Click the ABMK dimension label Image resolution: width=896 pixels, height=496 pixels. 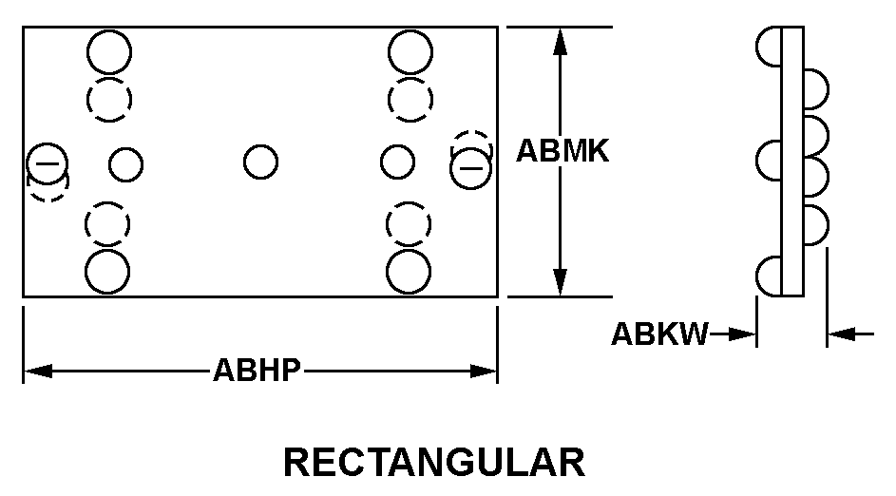pyautogui.click(x=562, y=151)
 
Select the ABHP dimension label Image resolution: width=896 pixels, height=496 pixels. pyautogui.click(x=257, y=371)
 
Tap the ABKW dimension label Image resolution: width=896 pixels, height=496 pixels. pyautogui.click(x=659, y=334)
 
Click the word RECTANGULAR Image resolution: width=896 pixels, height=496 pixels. pyautogui.click(x=434, y=463)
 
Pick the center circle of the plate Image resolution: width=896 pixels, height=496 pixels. pyautogui.click(x=260, y=162)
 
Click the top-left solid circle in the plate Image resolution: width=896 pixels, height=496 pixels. pyautogui.click(x=109, y=52)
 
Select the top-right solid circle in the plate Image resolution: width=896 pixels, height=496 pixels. pyautogui.click(x=410, y=52)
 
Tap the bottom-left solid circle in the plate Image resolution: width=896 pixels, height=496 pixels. pyautogui.click(x=107, y=272)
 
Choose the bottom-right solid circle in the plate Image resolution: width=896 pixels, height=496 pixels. pyautogui.click(x=409, y=272)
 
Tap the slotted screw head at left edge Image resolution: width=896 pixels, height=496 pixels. pyautogui.click(x=48, y=163)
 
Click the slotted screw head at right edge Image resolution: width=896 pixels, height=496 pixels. pyautogui.click(x=471, y=168)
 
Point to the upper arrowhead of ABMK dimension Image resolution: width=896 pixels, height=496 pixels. pyautogui.click(x=561, y=40)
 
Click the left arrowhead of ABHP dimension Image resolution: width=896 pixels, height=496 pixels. pyautogui.click(x=38, y=371)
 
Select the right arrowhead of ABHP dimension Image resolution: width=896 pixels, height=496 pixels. pyautogui.click(x=483, y=371)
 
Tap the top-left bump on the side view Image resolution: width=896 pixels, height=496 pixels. pyautogui.click(x=769, y=47)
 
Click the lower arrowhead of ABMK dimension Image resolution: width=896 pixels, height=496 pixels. pyautogui.click(x=561, y=282)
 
